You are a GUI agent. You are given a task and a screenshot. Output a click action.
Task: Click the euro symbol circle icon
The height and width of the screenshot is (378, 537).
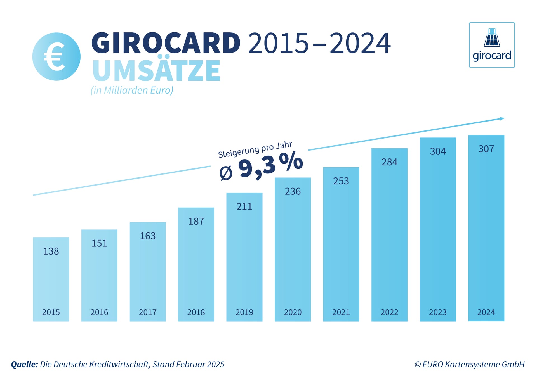(x=56, y=57)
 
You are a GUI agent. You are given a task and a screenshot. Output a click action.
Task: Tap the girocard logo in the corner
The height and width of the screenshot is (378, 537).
(x=492, y=45)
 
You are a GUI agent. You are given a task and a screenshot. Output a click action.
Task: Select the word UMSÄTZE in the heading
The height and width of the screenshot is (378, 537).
(x=156, y=71)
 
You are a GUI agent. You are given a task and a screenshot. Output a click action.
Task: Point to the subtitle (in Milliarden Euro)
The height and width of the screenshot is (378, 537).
(x=132, y=90)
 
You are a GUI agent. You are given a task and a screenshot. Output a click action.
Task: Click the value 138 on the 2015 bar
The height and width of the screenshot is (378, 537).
(x=51, y=251)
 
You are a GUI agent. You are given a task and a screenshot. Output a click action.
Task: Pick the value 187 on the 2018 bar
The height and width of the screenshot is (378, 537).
(x=196, y=221)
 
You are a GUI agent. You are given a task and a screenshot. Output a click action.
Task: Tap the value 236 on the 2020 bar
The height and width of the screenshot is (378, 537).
(x=293, y=191)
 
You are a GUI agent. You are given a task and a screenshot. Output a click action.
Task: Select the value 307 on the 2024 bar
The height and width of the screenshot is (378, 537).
(x=486, y=149)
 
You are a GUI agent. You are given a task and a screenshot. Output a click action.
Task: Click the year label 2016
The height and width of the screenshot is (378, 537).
(x=99, y=312)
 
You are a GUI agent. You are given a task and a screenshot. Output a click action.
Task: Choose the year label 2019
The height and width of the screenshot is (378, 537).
(x=244, y=312)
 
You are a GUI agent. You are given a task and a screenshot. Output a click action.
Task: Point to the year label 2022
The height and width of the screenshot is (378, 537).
(x=389, y=312)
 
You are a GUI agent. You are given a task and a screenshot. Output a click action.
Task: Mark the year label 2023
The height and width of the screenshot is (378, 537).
(x=438, y=312)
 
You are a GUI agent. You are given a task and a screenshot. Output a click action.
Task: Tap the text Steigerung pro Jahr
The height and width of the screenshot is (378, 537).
(x=255, y=149)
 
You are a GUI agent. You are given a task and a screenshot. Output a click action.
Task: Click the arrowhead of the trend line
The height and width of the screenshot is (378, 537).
(x=502, y=119)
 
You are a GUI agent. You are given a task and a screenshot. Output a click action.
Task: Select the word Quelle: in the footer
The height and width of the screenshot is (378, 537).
(x=24, y=364)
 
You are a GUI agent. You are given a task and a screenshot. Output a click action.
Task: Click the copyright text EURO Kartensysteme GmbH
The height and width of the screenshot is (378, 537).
(x=470, y=364)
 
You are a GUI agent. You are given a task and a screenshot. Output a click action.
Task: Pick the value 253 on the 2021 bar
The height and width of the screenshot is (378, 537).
(x=341, y=181)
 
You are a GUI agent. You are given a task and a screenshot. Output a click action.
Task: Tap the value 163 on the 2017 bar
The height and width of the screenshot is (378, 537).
(x=148, y=236)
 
